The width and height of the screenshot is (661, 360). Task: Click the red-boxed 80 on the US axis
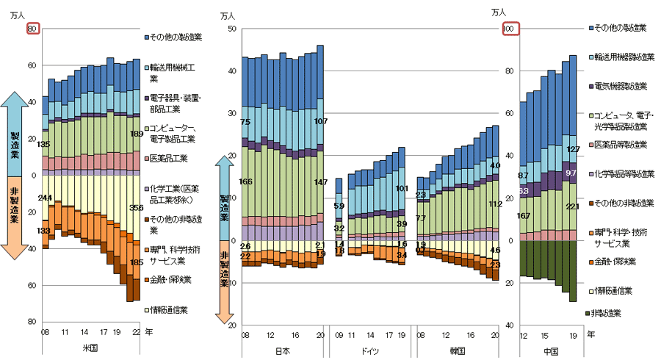[x=32, y=29]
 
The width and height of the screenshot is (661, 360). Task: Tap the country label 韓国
[x=458, y=350]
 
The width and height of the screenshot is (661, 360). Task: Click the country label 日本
[x=282, y=350]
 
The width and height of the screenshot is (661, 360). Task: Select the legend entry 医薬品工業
[x=169, y=158]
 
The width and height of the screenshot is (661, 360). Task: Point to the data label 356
[x=136, y=208]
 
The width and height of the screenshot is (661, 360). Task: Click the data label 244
[x=44, y=198]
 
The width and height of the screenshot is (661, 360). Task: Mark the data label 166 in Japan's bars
[x=246, y=181]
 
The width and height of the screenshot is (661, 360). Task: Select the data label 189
[x=136, y=134]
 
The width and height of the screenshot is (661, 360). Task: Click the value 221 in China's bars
[x=574, y=206]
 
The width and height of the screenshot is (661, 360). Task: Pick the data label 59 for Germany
[x=339, y=206]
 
